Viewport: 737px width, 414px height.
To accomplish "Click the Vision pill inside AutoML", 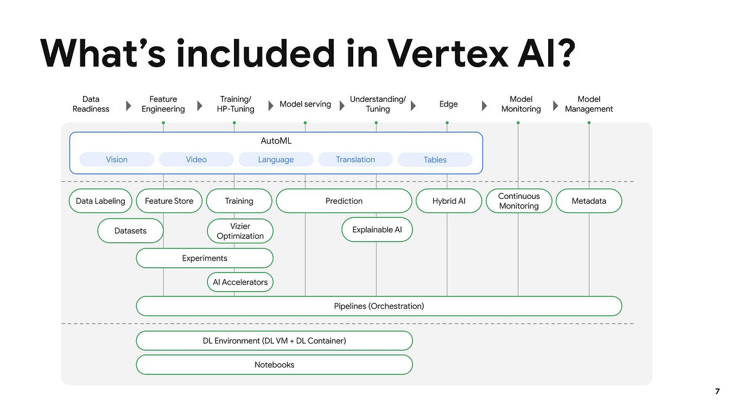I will [x=117, y=159].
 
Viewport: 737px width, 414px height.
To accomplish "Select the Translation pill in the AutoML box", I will [x=355, y=159].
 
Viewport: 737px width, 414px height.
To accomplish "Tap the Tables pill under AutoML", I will [x=435, y=159].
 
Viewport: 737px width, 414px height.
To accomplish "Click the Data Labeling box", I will [x=100, y=201].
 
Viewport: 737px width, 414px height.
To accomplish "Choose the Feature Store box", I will [x=169, y=201].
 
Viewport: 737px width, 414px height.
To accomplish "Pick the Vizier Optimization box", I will [x=240, y=231].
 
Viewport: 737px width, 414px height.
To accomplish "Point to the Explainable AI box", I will [x=377, y=230].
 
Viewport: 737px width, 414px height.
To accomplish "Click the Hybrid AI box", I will [x=449, y=201].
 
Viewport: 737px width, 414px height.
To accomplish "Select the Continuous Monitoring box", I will [x=518, y=201].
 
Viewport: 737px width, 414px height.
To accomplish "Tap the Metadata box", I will [x=589, y=201].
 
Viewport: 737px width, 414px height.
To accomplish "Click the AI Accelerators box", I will [x=240, y=282].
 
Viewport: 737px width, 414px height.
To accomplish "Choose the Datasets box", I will [x=130, y=231].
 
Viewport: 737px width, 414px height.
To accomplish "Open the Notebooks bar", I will [x=274, y=365].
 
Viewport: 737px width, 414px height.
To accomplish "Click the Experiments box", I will [x=205, y=258].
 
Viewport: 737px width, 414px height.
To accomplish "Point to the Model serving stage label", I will [x=305, y=104].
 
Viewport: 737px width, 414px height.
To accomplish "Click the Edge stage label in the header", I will [x=448, y=104].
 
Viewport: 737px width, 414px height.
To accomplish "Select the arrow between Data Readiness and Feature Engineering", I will [x=129, y=105].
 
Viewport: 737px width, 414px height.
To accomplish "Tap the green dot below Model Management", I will [x=589, y=123].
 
